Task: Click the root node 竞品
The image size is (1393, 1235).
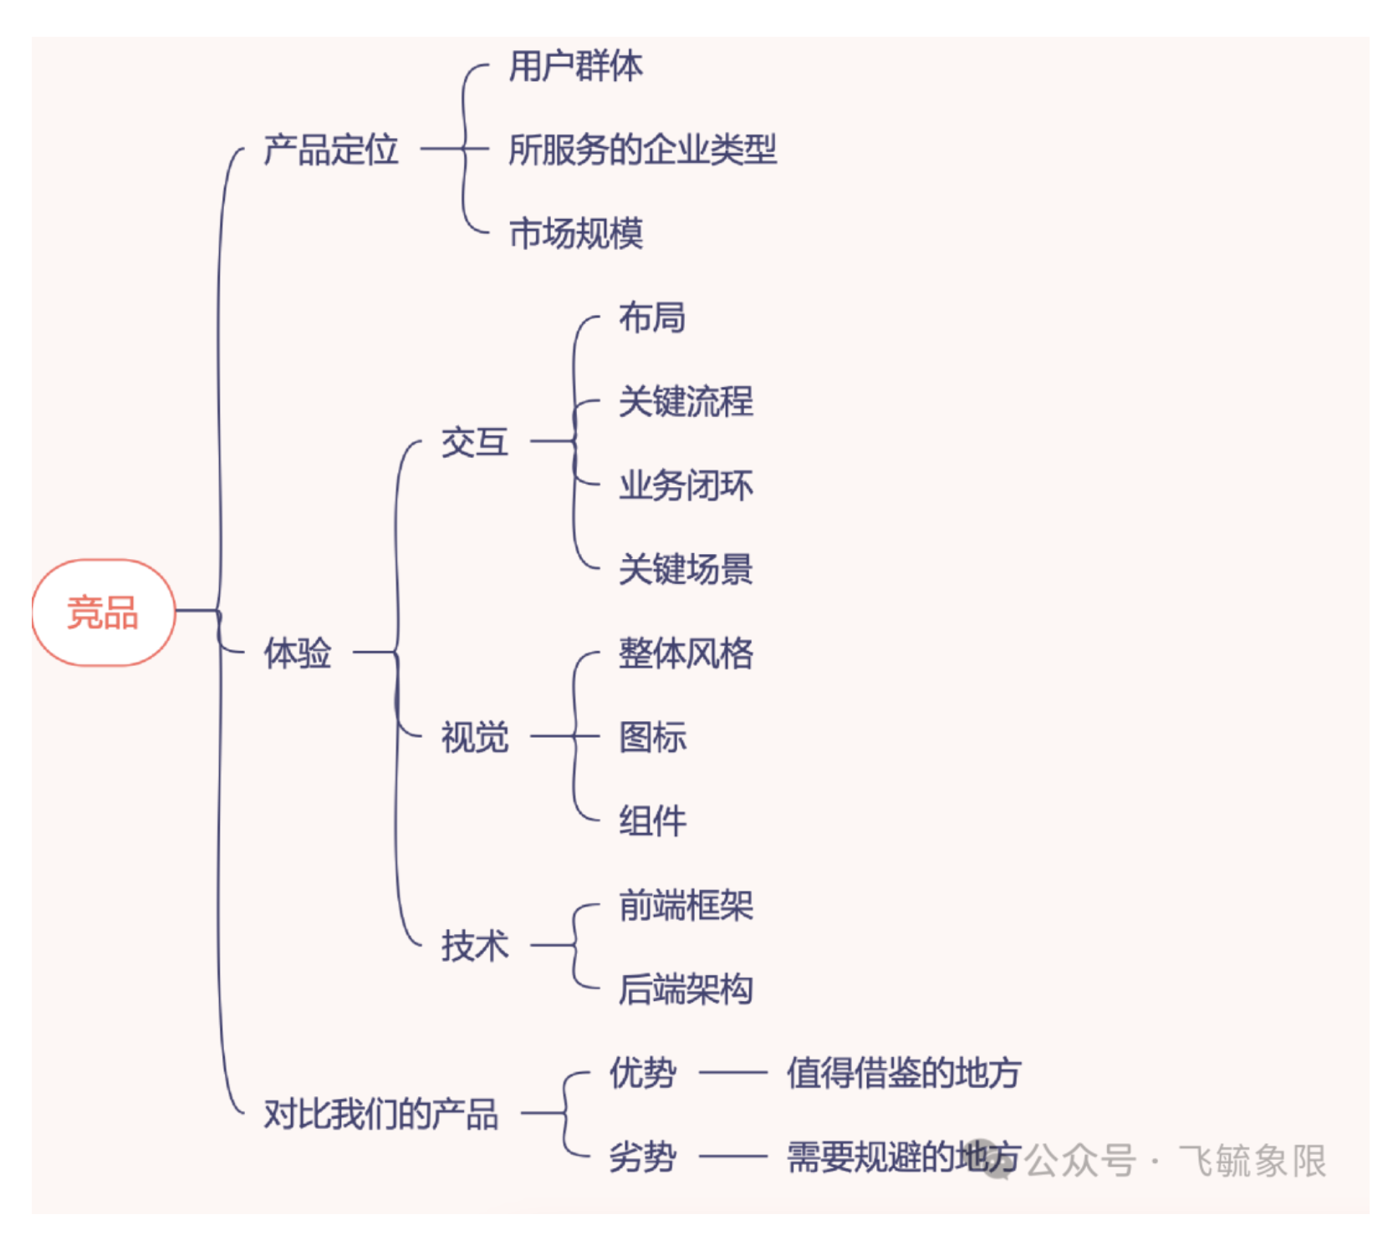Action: coord(103,612)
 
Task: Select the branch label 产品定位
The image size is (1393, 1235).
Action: coord(331,150)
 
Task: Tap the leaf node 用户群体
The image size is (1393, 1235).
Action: coord(576,66)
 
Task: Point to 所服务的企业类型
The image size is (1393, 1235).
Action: coord(642,150)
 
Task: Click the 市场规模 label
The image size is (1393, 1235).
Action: coord(576,234)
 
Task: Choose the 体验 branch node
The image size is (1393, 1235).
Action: coord(298,653)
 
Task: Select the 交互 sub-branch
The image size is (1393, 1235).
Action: coord(474,443)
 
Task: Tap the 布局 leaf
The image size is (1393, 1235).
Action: coord(652,318)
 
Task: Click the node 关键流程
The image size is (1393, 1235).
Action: coord(686,402)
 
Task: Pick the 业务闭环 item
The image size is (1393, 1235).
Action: coord(686,485)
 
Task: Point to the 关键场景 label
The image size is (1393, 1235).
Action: coord(686,570)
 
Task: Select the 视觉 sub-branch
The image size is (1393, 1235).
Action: coord(474,738)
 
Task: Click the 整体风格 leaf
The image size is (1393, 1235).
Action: coord(686,653)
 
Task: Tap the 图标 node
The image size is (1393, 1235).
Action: coord(652,738)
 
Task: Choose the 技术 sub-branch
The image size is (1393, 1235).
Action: coord(474,947)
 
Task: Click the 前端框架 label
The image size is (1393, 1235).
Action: coord(686,906)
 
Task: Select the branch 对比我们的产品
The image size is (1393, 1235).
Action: coord(381,1115)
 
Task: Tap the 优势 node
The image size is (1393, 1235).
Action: coord(642,1073)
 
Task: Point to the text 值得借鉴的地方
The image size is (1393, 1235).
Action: coord(903,1073)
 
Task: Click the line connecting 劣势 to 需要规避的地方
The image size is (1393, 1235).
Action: coord(732,1157)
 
